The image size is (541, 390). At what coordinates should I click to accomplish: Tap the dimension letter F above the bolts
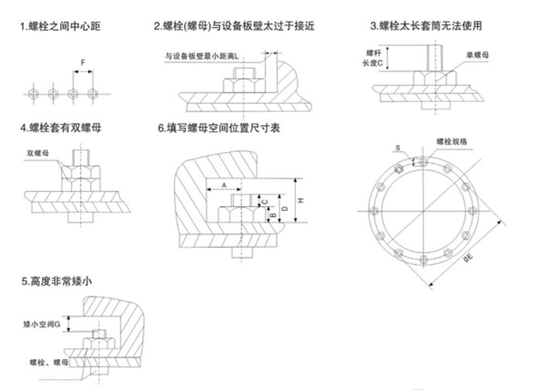tap(83, 61)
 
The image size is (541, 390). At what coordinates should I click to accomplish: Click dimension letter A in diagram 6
tap(223, 185)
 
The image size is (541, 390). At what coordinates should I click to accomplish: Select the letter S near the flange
tap(398, 148)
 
